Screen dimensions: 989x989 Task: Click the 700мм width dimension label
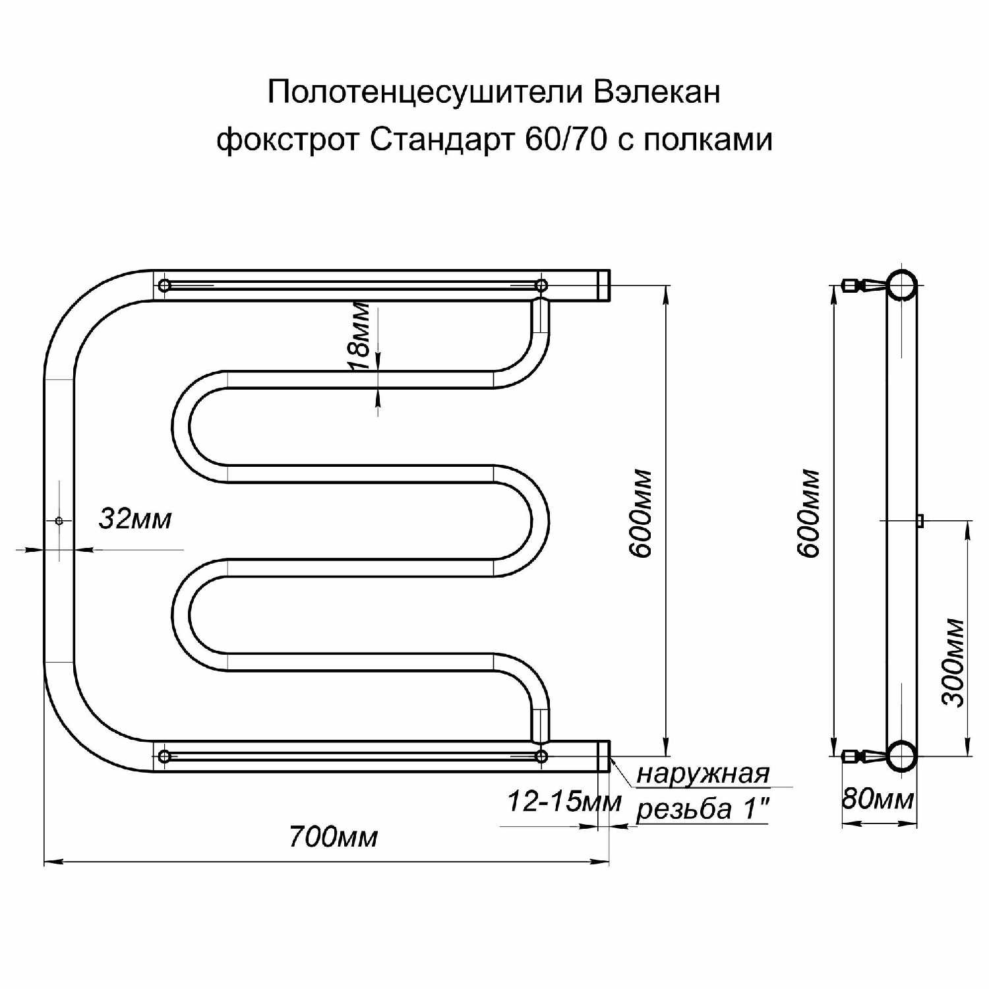333,837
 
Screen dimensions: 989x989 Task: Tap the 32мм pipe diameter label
135,519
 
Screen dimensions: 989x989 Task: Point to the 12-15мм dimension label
564,802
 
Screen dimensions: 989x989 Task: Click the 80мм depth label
878,799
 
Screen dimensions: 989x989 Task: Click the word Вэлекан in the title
657,92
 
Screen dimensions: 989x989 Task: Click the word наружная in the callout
703,773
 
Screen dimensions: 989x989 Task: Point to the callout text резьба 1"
703,808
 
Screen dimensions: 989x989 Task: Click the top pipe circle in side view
901,285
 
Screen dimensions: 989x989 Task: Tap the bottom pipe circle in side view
901,756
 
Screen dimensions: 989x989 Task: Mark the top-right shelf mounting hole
541,285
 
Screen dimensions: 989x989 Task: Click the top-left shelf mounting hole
164,285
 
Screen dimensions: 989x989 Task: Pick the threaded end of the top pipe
603,285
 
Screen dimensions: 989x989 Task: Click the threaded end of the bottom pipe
603,756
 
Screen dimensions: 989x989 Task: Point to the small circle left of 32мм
59,521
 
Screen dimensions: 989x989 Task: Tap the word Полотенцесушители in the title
425,93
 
